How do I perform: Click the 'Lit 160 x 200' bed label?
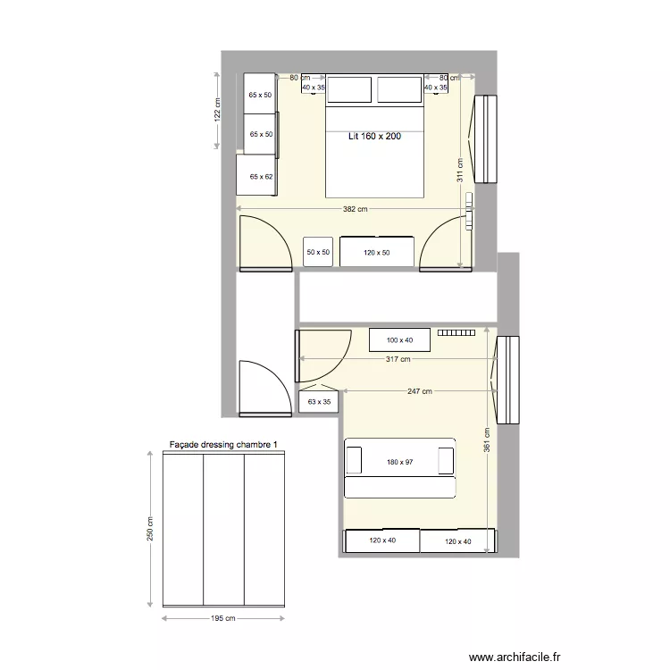click(x=374, y=137)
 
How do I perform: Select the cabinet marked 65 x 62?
click(x=260, y=176)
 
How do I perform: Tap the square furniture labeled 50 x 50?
click(x=317, y=253)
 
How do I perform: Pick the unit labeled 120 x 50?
click(x=377, y=253)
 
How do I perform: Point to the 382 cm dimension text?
click(x=355, y=210)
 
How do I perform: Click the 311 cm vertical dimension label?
click(x=460, y=170)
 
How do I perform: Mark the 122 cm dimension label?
click(x=216, y=109)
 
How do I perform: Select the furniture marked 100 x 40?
click(x=399, y=340)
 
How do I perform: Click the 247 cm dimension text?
click(x=420, y=391)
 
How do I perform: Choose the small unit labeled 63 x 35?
click(x=318, y=403)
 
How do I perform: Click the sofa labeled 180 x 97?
click(x=400, y=462)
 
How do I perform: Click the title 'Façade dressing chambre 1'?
click(x=224, y=444)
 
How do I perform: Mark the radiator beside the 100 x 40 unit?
click(x=456, y=332)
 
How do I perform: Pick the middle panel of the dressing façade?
click(x=223, y=529)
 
